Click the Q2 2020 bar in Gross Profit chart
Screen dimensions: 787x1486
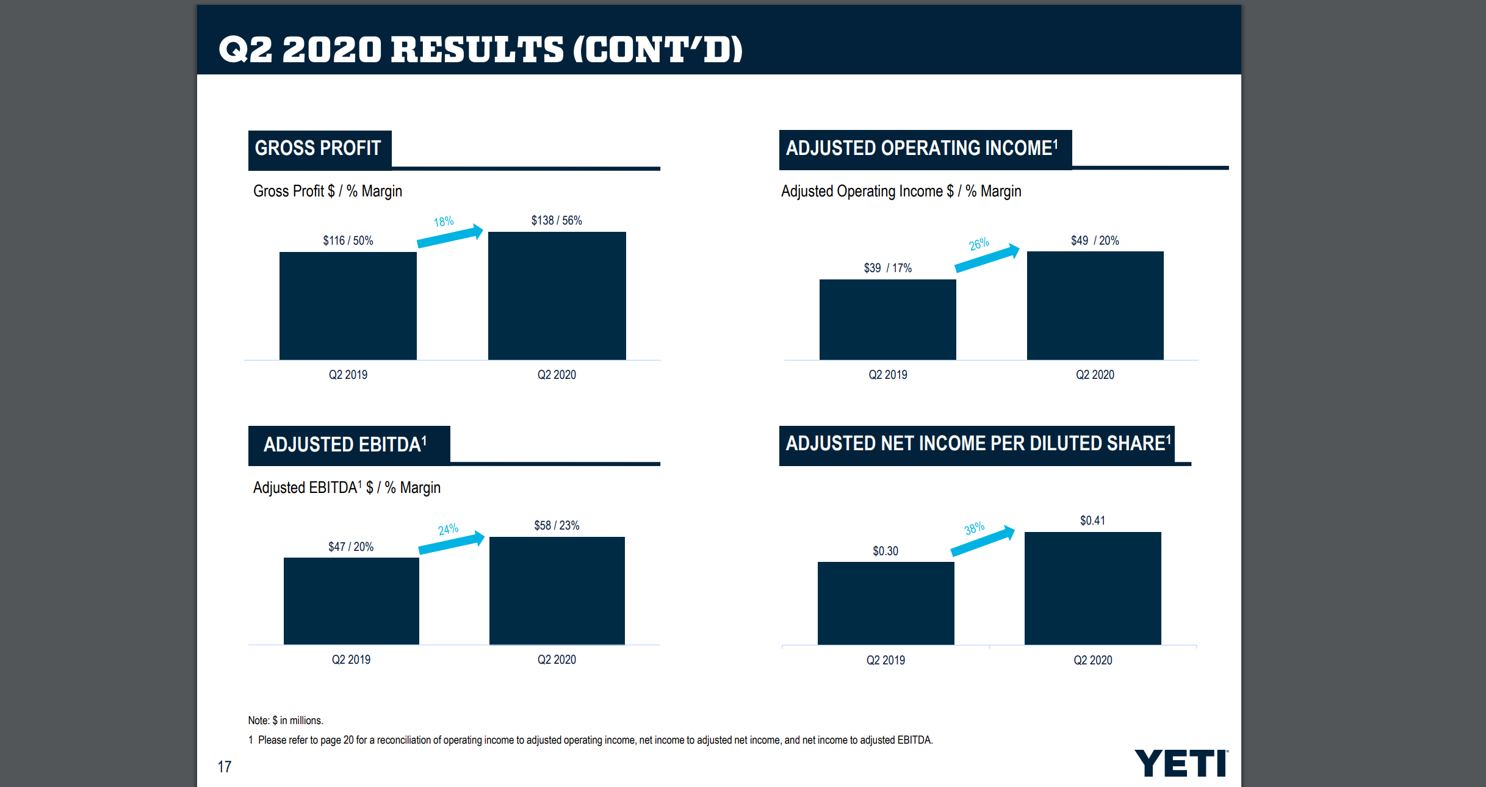(x=557, y=296)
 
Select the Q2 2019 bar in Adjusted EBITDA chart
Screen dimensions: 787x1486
(x=351, y=601)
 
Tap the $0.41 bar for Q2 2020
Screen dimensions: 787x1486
(x=1092, y=588)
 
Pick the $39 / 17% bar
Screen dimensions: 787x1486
(x=887, y=320)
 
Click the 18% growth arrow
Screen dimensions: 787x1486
(x=450, y=236)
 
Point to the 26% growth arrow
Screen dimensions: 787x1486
(x=987, y=259)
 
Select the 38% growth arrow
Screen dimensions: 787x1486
(x=983, y=542)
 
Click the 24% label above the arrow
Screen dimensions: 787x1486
(x=448, y=529)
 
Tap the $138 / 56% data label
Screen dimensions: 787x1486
(x=556, y=220)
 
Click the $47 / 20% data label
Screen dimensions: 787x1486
(x=351, y=547)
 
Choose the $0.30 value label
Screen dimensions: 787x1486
(x=885, y=551)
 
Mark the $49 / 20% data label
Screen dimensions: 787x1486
(x=1095, y=240)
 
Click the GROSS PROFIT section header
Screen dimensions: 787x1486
(x=319, y=148)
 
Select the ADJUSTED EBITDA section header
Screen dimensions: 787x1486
(x=346, y=444)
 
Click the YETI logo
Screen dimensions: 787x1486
(x=1181, y=763)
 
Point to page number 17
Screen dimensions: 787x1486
(x=225, y=767)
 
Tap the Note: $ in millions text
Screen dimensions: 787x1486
(x=286, y=721)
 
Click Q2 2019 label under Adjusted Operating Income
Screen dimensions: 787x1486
(x=887, y=375)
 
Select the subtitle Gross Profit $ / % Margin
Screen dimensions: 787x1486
(x=328, y=192)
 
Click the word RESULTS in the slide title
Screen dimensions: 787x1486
(x=477, y=49)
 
